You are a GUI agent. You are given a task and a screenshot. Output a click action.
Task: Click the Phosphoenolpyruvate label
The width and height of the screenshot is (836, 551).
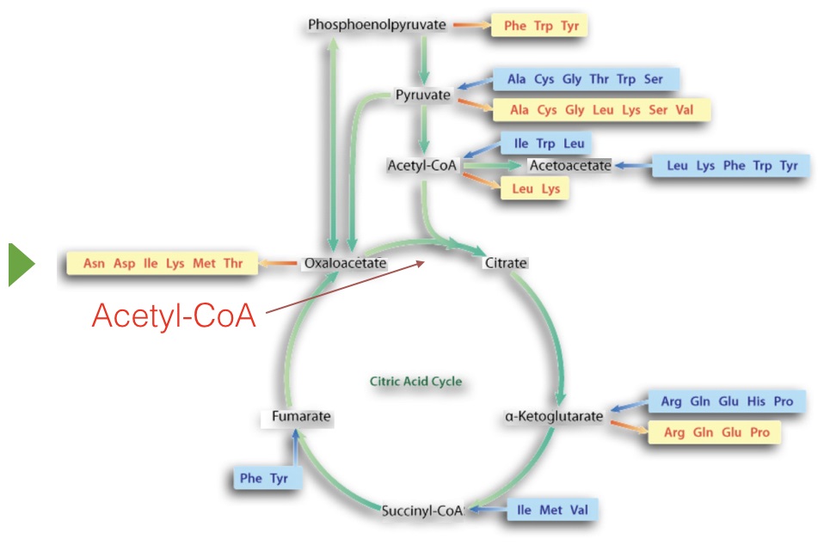[377, 25]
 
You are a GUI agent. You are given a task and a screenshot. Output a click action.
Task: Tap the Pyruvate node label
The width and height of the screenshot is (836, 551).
[422, 95]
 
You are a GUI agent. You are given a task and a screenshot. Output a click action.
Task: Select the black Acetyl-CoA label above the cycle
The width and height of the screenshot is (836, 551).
[422, 164]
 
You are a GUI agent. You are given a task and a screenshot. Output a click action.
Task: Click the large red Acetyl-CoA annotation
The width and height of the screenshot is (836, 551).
[175, 315]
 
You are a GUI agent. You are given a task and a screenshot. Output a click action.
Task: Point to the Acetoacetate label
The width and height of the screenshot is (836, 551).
[569, 165]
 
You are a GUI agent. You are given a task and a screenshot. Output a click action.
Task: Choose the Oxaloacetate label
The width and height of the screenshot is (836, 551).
[344, 263]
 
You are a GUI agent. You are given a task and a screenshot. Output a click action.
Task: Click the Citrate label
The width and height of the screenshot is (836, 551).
[505, 263]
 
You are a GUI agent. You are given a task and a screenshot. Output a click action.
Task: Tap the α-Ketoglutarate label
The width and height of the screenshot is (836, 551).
[554, 417]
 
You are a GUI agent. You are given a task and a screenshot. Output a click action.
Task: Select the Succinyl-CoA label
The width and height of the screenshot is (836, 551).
[422, 511]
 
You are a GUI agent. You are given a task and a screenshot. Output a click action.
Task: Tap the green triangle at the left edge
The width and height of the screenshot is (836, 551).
[22, 264]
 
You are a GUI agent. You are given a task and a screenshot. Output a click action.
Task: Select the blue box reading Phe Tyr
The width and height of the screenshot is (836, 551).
[265, 478]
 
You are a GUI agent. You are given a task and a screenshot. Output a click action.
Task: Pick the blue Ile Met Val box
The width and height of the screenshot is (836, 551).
[550, 511]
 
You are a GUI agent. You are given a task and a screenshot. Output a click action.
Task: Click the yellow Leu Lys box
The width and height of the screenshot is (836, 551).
[535, 188]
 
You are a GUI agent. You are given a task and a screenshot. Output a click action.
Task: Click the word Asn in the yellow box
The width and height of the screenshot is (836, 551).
[94, 263]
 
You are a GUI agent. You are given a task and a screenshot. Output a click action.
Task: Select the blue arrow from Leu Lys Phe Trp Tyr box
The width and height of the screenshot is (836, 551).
[632, 165]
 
